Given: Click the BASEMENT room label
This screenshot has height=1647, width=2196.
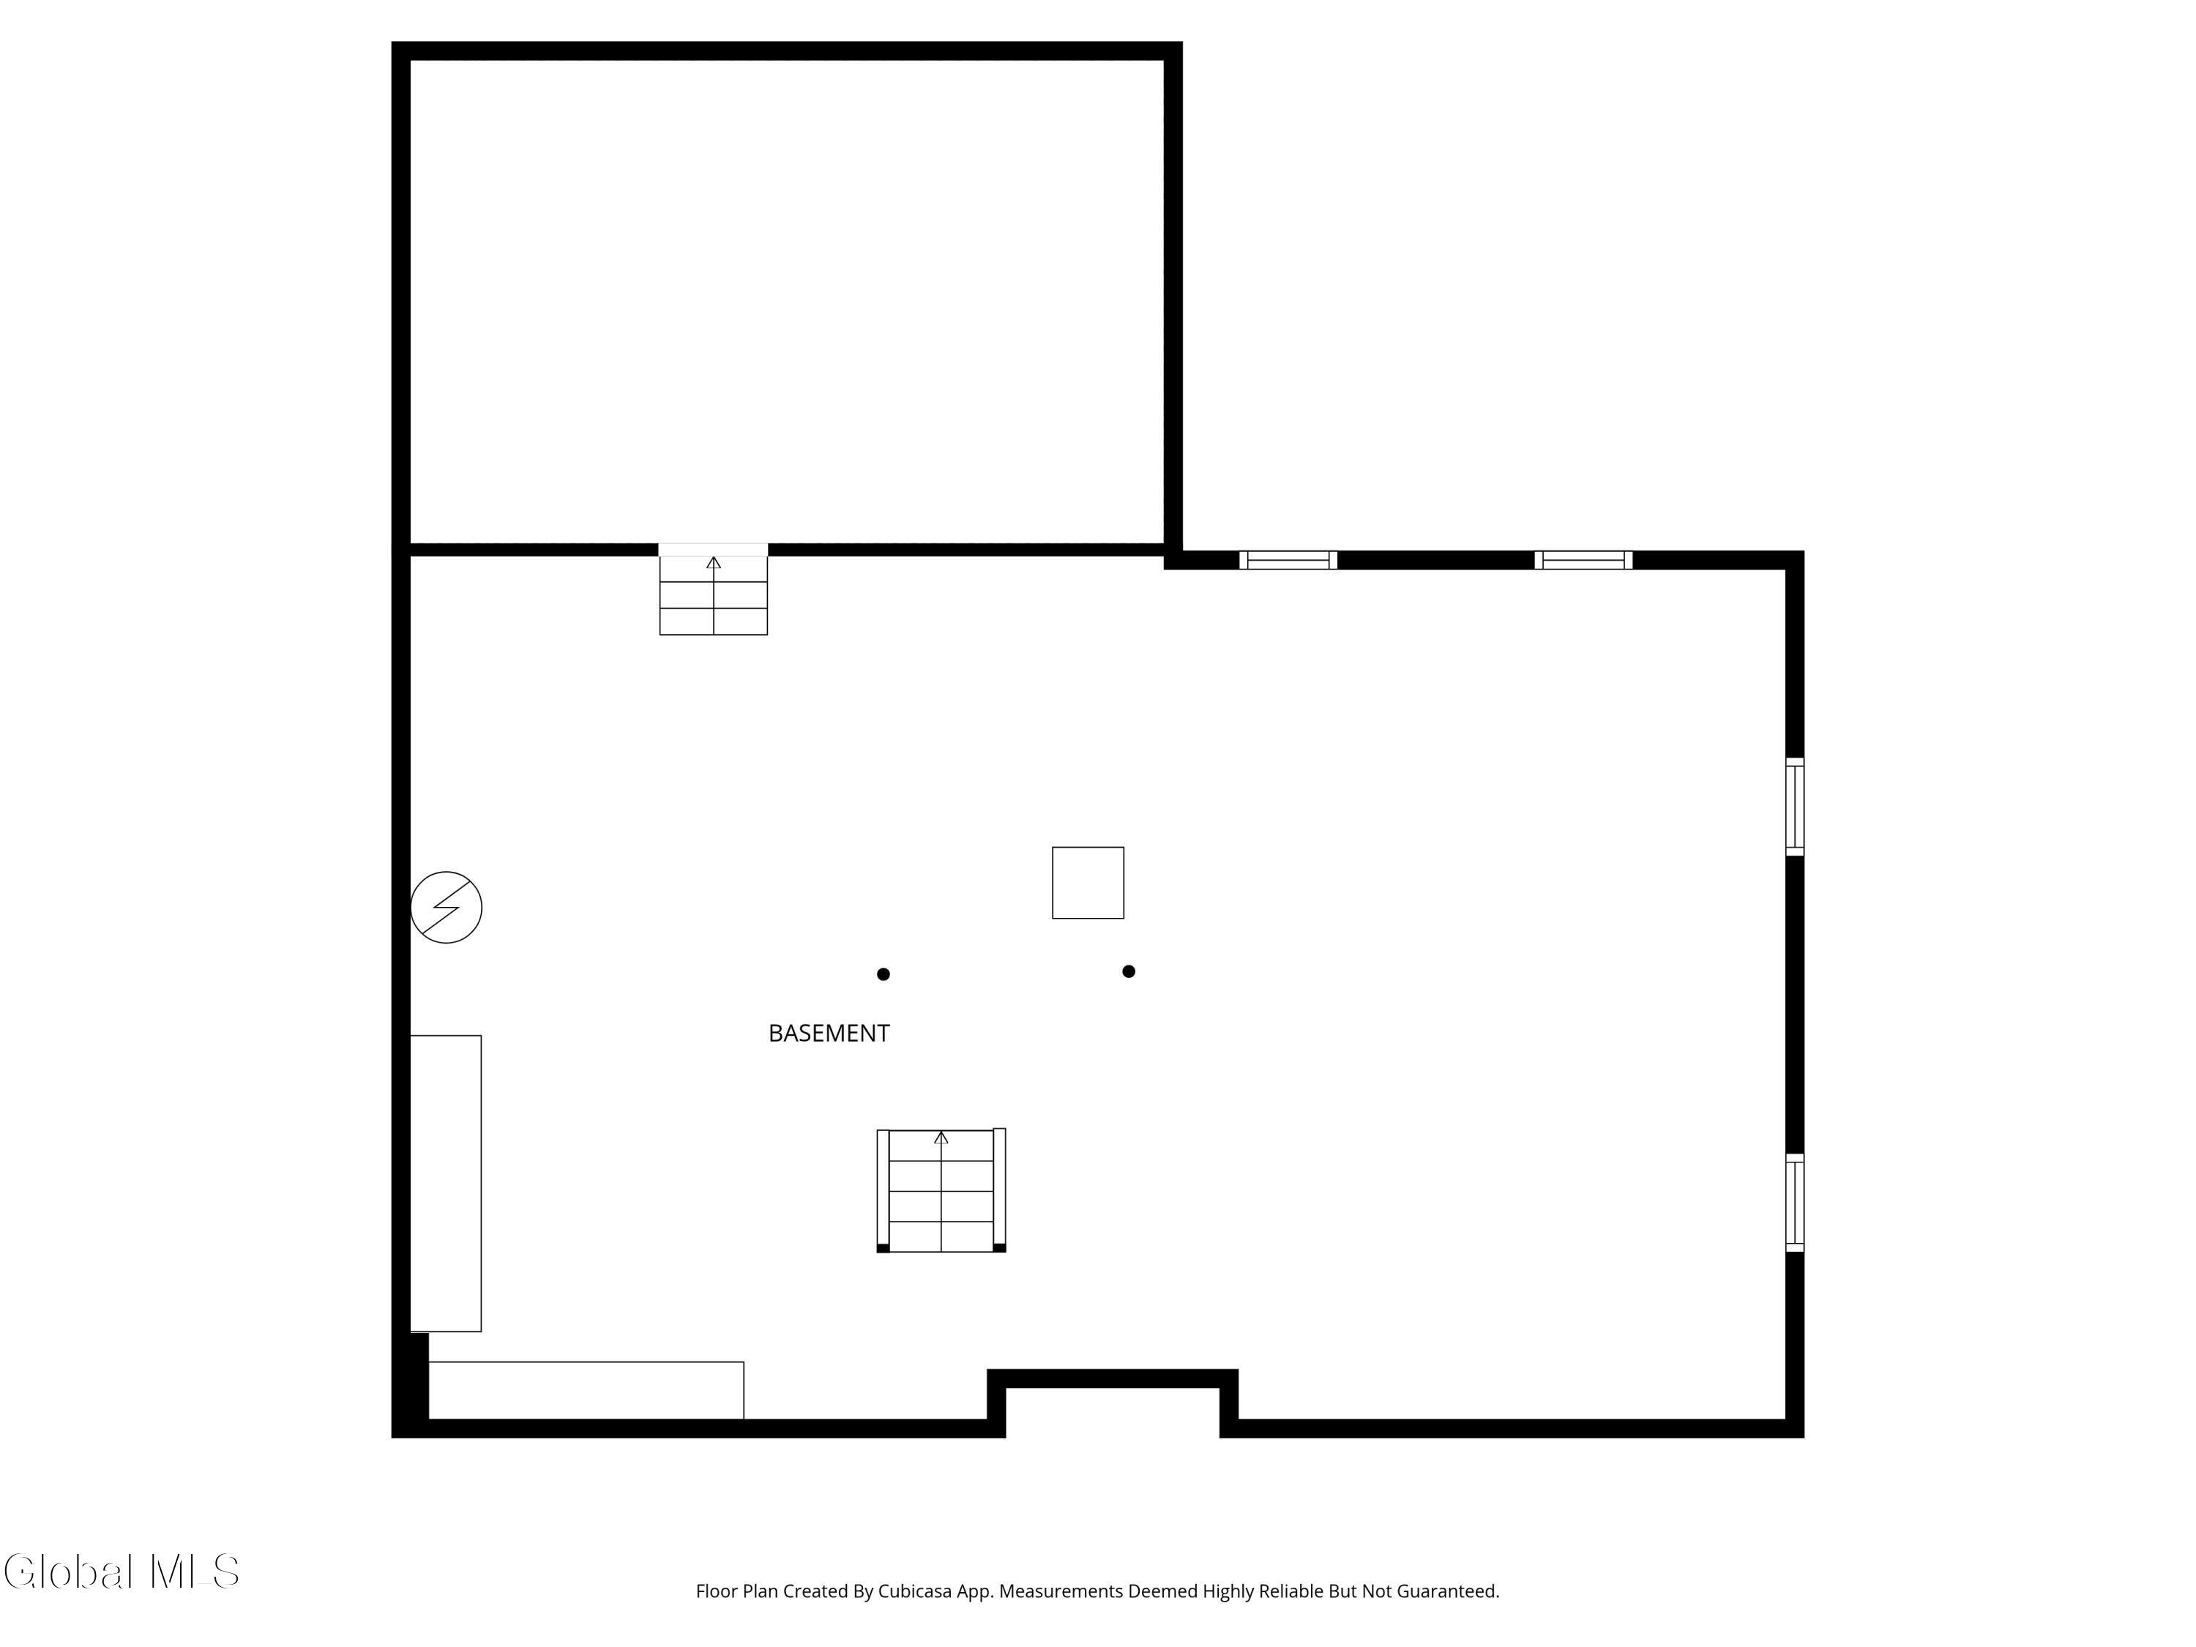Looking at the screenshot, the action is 829,1034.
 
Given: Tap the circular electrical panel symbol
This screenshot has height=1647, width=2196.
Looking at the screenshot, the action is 447,908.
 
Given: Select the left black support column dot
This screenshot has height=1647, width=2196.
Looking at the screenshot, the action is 884,975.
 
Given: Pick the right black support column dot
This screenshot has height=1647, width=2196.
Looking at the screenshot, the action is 1129,972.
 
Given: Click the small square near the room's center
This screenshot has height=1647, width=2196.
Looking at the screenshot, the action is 1088,883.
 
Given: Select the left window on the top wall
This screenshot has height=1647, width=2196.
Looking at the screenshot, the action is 1288,560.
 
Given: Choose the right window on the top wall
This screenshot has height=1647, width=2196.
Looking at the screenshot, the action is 1583,560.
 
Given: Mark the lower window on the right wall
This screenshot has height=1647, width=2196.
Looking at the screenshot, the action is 1795,1202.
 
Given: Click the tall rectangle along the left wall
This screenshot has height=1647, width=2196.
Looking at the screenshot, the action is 446,1184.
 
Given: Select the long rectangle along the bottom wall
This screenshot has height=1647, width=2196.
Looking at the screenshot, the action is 586,1391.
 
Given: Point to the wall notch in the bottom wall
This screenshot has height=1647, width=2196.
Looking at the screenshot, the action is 1113,1380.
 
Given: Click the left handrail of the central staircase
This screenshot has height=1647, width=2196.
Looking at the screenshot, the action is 883,1190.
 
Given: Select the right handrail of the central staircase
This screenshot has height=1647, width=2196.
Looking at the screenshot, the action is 1000,1190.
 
